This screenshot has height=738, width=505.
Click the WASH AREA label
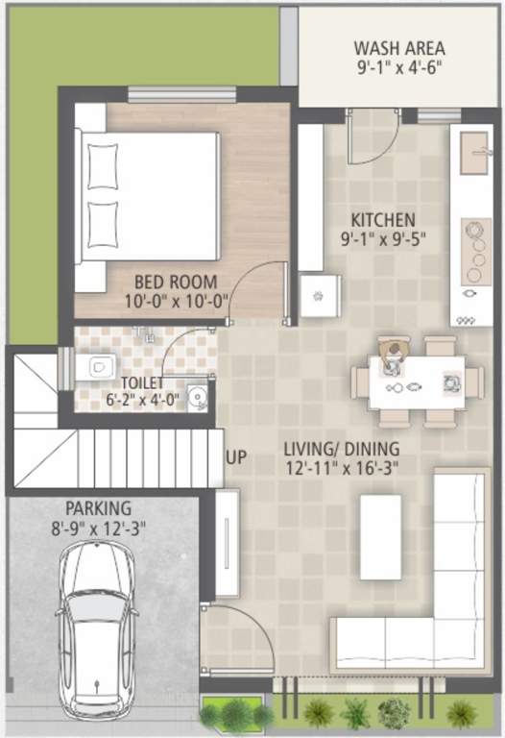(x=397, y=47)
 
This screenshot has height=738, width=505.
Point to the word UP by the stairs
(x=235, y=457)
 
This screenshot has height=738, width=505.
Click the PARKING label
(x=98, y=507)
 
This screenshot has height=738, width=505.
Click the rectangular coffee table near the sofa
(x=380, y=538)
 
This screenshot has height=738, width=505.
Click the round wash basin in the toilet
(x=197, y=395)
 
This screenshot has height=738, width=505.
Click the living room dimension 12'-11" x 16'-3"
(x=341, y=468)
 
